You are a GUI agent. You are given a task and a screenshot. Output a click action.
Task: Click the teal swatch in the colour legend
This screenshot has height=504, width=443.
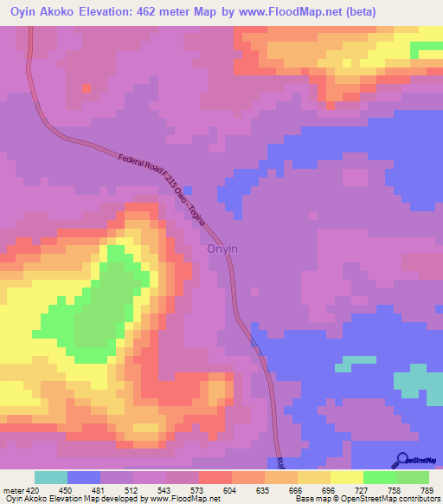[51, 477]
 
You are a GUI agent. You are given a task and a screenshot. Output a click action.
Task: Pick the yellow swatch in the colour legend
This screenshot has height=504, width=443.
[346, 477]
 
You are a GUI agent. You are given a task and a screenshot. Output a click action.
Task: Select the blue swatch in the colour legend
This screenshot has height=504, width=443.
[84, 477]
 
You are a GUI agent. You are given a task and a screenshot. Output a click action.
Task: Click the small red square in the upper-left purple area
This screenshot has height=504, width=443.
[87, 88]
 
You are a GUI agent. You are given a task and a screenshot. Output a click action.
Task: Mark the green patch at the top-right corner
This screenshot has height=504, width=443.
[427, 48]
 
